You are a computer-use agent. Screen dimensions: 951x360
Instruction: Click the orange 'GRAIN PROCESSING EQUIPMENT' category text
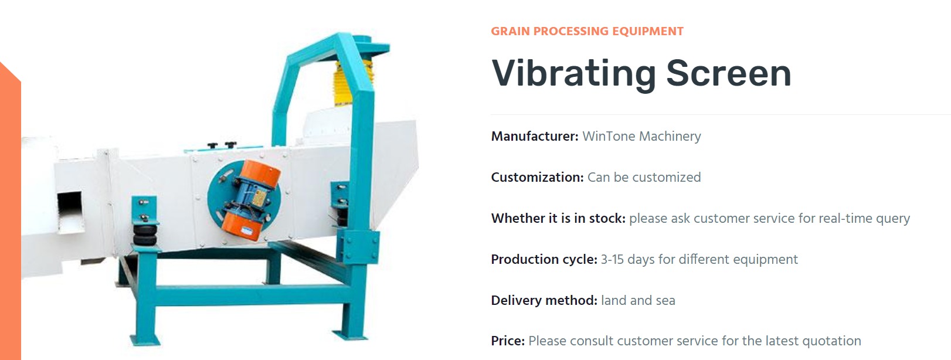(x=587, y=32)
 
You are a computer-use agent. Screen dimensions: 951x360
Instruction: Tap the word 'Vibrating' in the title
(x=574, y=74)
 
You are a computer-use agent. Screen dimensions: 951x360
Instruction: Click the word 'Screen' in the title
(x=729, y=73)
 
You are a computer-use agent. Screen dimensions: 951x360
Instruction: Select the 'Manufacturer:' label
(x=535, y=136)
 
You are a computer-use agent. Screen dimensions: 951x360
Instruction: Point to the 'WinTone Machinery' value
(x=641, y=137)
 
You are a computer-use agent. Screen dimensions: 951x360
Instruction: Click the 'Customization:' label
(x=538, y=177)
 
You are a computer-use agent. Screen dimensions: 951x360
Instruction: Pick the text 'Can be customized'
(x=644, y=177)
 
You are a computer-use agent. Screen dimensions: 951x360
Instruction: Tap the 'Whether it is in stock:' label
(x=558, y=218)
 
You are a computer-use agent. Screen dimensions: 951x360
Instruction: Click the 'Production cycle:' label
(x=544, y=259)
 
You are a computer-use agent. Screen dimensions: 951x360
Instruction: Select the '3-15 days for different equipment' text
(x=699, y=259)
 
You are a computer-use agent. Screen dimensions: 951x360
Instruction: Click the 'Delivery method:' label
(x=544, y=301)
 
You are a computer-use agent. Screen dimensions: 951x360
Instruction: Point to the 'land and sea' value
(x=638, y=301)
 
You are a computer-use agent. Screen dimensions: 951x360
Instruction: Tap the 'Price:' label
(x=508, y=341)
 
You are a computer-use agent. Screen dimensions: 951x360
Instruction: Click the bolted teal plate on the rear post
(x=361, y=247)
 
